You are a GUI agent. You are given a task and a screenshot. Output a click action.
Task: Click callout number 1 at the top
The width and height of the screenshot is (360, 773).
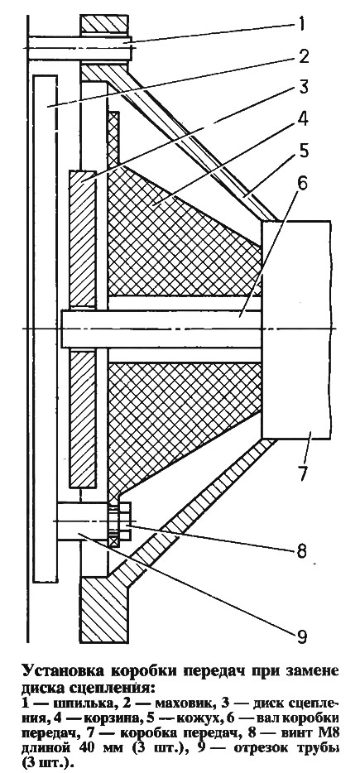(302, 24)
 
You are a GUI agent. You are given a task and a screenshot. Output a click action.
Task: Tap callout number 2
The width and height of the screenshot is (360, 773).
(303, 56)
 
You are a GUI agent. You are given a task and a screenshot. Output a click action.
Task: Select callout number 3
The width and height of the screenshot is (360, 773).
(303, 89)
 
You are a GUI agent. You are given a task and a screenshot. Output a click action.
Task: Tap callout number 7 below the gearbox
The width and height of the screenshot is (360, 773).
(302, 473)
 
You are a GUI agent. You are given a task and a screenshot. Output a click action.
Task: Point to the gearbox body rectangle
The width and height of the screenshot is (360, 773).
(296, 329)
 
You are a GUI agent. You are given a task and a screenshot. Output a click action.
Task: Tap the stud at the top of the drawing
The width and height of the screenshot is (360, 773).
(78, 48)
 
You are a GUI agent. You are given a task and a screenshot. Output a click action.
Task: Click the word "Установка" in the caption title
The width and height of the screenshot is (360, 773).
(61, 672)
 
